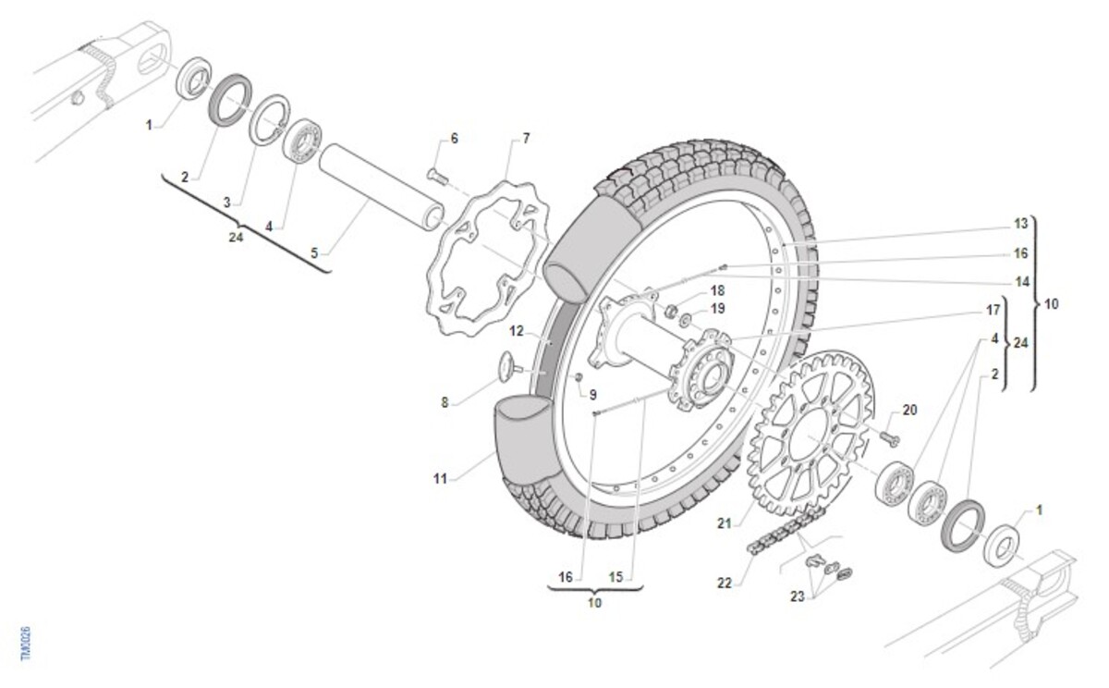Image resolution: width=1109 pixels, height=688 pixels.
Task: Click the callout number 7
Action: pyautogui.click(x=526, y=139)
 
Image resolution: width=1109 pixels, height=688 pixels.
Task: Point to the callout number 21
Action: pyautogui.click(x=725, y=523)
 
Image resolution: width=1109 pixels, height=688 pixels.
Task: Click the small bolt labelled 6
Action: pyautogui.click(x=436, y=173)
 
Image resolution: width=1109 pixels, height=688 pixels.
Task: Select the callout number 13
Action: pyautogui.click(x=1020, y=224)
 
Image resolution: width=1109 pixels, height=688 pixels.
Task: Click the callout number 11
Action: pyautogui.click(x=440, y=479)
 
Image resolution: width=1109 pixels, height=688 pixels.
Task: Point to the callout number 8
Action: pyautogui.click(x=445, y=402)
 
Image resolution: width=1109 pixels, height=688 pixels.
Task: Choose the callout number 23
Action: pyautogui.click(x=798, y=596)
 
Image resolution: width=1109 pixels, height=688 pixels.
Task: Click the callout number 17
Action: pyautogui.click(x=994, y=310)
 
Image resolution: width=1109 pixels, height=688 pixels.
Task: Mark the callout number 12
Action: pyautogui.click(x=517, y=329)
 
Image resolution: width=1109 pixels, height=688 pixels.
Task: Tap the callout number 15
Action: pyautogui.click(x=616, y=577)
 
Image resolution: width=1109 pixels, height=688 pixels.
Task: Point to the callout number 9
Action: pyautogui.click(x=592, y=394)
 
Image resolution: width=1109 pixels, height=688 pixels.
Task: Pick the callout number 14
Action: pyautogui.click(x=1020, y=280)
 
